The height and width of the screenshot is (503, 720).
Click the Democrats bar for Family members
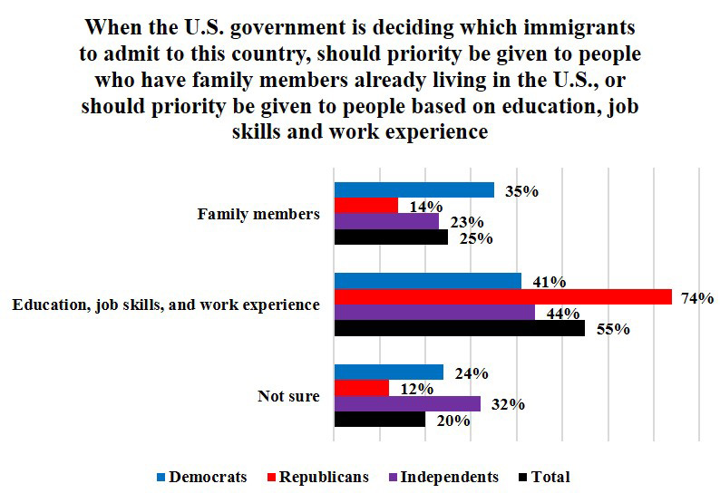[414, 190]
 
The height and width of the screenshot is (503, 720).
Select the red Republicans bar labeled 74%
[502, 297]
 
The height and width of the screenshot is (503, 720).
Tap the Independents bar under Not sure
[407, 404]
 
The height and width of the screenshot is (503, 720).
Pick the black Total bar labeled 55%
[459, 328]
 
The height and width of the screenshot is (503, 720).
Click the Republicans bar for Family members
[366, 206]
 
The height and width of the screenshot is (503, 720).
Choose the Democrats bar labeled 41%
[427, 281]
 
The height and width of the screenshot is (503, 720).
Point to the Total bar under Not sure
[379, 420]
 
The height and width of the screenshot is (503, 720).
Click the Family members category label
[258, 215]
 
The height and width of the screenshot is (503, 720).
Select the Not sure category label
[288, 396]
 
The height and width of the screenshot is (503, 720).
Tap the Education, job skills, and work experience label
[165, 305]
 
